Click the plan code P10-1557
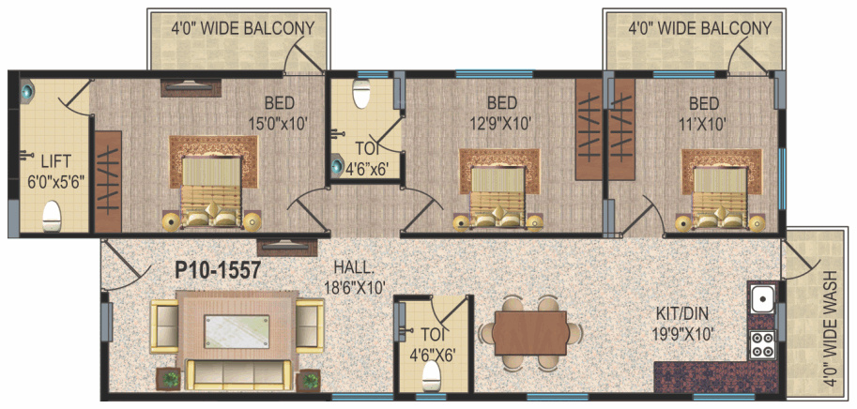(x=217, y=270)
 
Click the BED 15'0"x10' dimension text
(x=280, y=113)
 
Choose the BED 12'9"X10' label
(x=502, y=113)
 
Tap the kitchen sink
(x=762, y=300)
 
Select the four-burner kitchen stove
(x=762, y=343)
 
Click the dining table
(x=531, y=333)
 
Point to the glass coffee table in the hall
(x=237, y=331)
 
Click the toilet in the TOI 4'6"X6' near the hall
(x=432, y=377)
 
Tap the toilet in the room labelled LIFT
(x=52, y=216)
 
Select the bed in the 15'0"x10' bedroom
(x=211, y=191)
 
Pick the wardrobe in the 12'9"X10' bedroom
(x=589, y=129)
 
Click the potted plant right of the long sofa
(x=309, y=380)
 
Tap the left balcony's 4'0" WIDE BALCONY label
(x=243, y=28)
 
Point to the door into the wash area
(x=801, y=258)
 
